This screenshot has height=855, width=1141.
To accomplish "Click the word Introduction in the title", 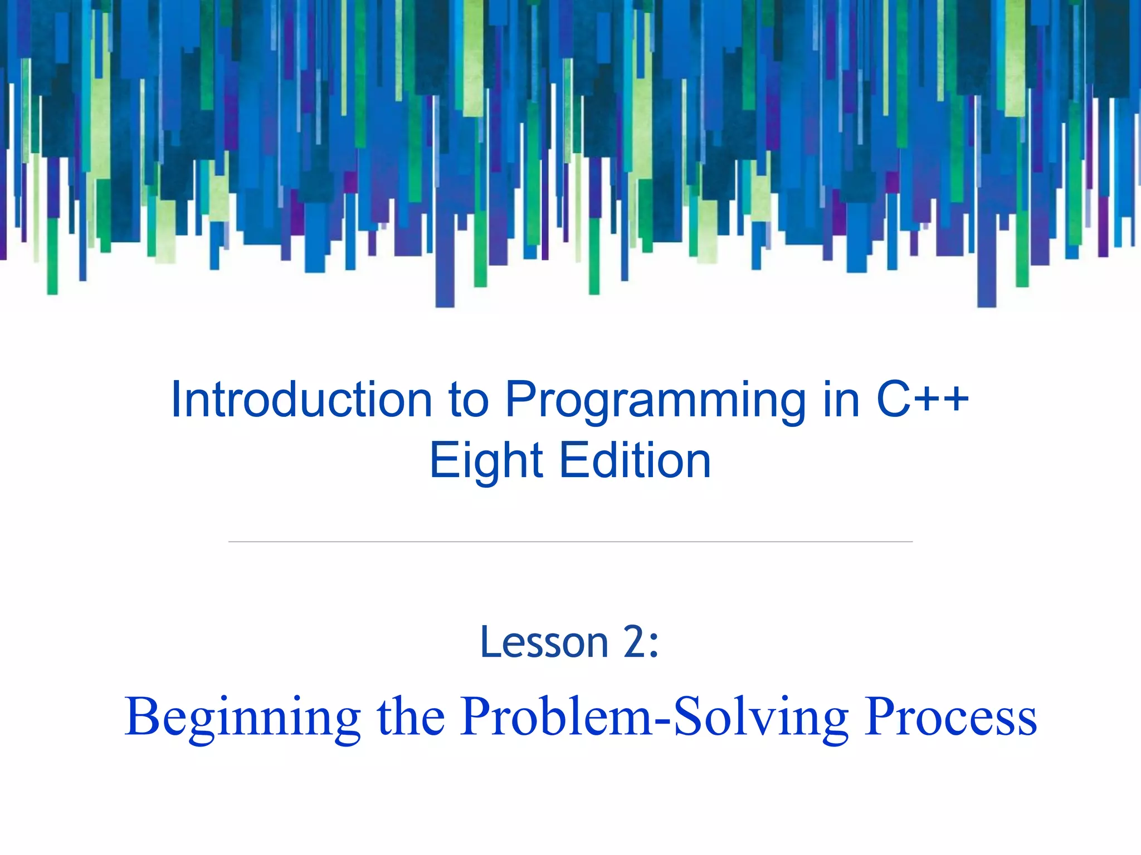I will [301, 399].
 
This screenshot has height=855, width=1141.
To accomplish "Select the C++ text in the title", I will [922, 399].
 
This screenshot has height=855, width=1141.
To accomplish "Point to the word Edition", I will [635, 460].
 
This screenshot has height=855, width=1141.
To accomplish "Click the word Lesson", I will [544, 642].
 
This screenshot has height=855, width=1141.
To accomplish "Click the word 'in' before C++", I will [841, 399].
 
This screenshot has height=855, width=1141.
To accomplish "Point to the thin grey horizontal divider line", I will [570, 541].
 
